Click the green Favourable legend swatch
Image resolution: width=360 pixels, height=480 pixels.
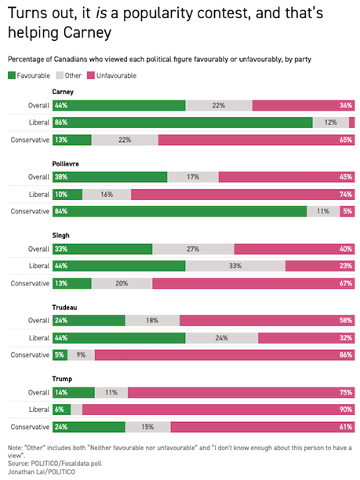pos(11,75)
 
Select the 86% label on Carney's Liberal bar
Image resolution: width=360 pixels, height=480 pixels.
pos(60,122)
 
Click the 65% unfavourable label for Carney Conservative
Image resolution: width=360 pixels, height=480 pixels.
pos(346,140)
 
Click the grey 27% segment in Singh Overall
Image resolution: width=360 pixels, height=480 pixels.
pos(193,249)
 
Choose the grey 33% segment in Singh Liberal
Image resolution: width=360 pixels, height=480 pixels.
pos(235,267)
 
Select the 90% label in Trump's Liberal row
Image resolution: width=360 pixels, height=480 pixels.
pos(346,409)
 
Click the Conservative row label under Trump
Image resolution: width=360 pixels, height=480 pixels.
pos(29,427)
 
